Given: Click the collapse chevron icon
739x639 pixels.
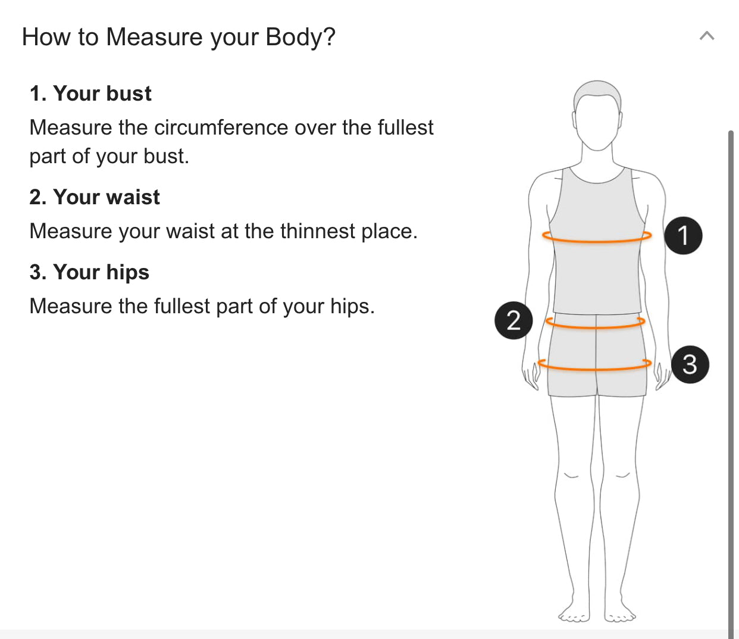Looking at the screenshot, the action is pos(706,36).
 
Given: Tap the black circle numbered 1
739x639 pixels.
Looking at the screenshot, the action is pos(683,235).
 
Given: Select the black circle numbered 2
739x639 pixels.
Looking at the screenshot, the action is pos(513,320).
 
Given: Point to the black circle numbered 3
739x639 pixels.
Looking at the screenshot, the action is pos(690,364).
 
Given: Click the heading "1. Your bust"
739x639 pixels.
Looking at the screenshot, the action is pos(90,93).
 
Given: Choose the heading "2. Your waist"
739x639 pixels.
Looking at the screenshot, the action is pos(95,197).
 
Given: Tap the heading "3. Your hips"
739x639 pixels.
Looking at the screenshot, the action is pos(89,272).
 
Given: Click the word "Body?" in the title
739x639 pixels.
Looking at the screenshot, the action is pos(300,37).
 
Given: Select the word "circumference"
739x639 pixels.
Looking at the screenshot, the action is pos(221,127).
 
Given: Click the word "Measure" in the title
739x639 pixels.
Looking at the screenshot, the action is pos(155,37).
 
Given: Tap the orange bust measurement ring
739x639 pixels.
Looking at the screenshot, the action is pos(597,237).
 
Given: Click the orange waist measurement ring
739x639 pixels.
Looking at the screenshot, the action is pos(595,322).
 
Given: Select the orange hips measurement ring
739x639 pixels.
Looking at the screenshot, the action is pos(594,364).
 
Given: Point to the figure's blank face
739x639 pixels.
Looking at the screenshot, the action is pos(597,121).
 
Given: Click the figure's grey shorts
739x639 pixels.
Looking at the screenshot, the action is pos(597,354).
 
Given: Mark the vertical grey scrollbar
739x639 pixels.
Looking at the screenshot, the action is pos(731,385).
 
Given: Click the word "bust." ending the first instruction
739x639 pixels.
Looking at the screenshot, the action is pos(166,157).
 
